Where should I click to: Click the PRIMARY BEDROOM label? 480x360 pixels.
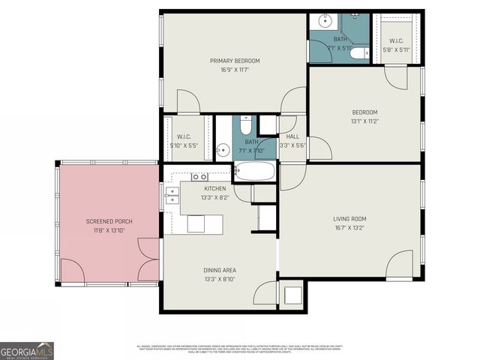tap(235, 61)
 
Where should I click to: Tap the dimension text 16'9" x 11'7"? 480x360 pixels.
tap(235, 70)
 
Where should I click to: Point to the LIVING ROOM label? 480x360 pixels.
tap(349, 219)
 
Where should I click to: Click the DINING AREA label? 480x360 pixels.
tap(220, 271)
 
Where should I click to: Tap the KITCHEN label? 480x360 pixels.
tap(215, 188)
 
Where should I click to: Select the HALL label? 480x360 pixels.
tap(292, 136)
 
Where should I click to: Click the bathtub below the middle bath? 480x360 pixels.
tap(254, 171)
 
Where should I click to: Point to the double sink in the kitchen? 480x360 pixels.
tap(199, 177)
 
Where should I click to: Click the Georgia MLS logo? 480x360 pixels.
tap(27, 350)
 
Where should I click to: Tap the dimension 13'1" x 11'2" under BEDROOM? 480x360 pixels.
tap(364, 121)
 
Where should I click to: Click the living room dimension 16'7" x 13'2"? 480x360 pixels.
tap(349, 228)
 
